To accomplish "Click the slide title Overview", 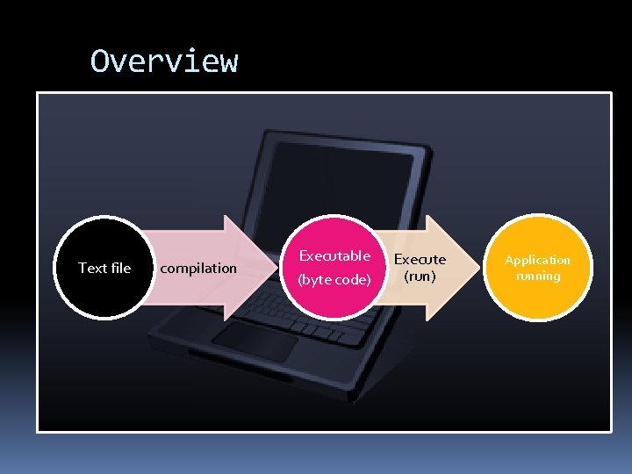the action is [x=164, y=61].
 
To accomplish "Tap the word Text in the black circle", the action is [x=92, y=268].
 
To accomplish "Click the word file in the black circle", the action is [x=119, y=268].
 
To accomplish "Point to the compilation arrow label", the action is [x=199, y=268].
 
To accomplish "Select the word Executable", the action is [x=334, y=255].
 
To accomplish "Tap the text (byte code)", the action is [x=334, y=280].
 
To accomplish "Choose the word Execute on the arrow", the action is [x=419, y=259].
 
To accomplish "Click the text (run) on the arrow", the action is [x=419, y=276].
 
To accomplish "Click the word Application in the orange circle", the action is [x=537, y=260].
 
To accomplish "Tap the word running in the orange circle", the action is [x=537, y=276].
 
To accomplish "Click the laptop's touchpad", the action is [x=254, y=341].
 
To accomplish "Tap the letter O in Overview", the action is [x=99, y=61].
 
